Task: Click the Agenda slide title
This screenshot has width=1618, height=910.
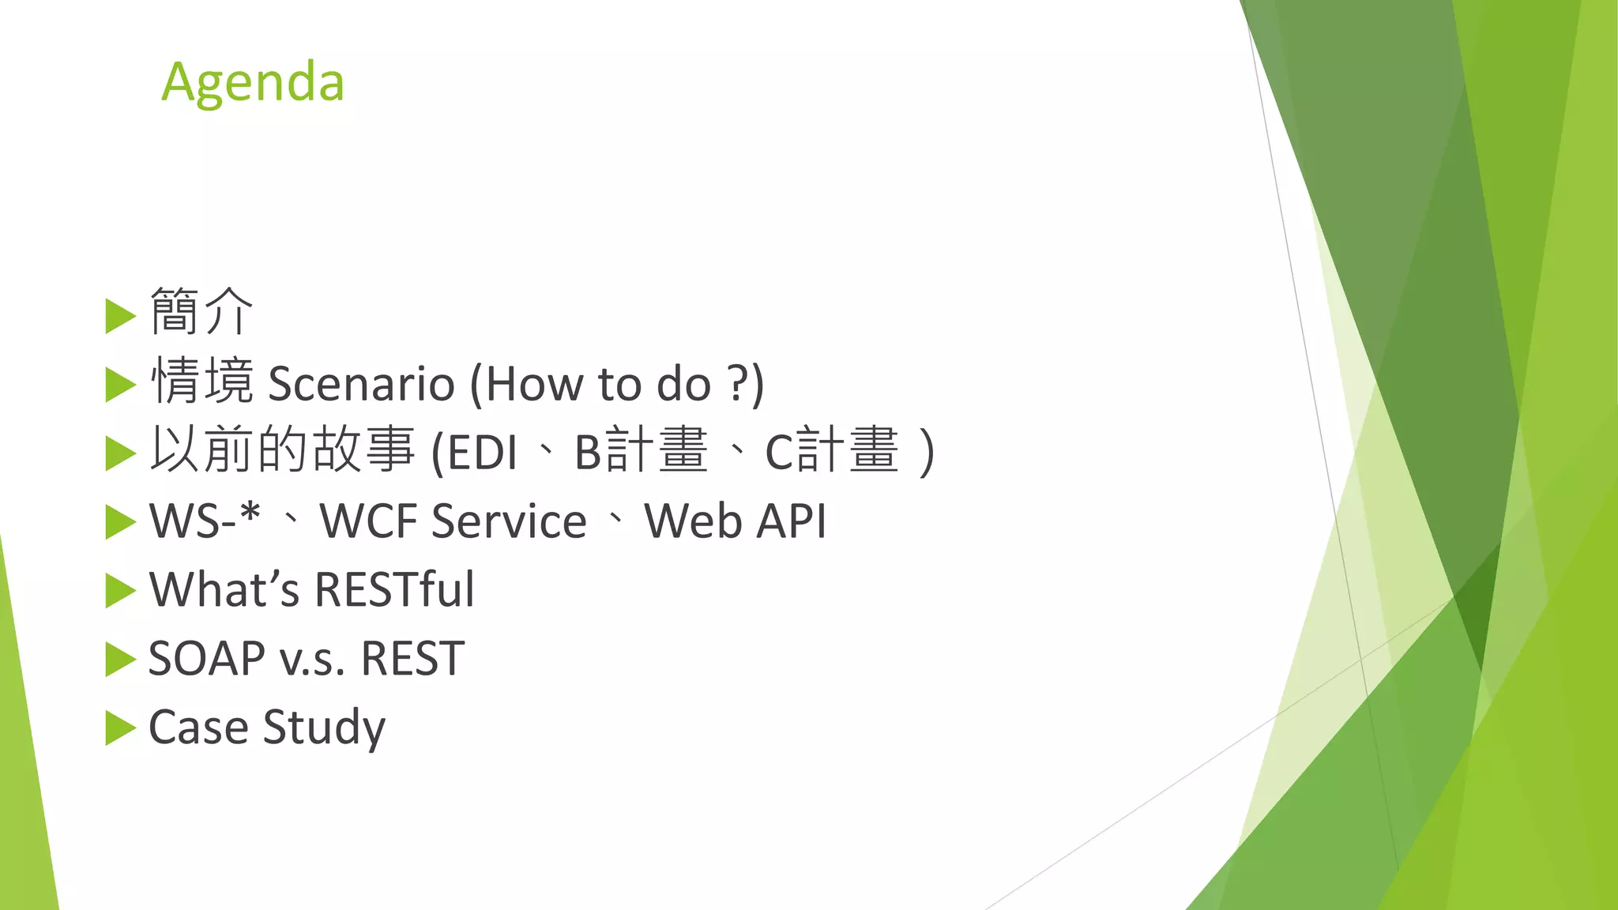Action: (x=253, y=82)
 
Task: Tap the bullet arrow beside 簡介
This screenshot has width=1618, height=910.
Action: (x=120, y=316)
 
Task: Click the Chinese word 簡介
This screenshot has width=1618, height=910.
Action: (x=201, y=312)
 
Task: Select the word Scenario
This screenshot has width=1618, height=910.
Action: (x=361, y=384)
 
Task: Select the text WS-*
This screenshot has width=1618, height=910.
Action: (x=205, y=521)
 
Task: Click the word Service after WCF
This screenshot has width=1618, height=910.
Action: (x=510, y=521)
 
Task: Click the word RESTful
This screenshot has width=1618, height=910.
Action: (x=394, y=589)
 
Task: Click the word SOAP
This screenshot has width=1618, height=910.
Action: (x=207, y=659)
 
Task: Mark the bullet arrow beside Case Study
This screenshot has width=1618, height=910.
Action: (x=120, y=728)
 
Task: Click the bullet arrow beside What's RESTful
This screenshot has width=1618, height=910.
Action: (x=120, y=590)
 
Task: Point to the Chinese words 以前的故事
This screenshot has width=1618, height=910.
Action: (x=282, y=450)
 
